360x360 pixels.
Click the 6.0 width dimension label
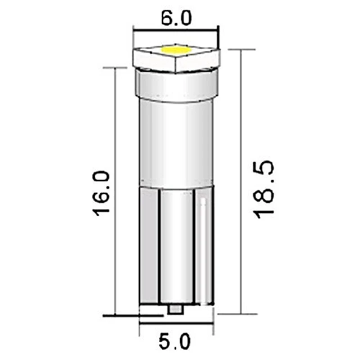(175, 18)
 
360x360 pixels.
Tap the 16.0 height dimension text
(102, 193)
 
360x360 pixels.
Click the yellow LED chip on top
(175, 50)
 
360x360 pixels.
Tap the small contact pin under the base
(175, 310)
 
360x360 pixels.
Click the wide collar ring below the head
(175, 88)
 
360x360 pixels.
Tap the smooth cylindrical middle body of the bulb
(175, 144)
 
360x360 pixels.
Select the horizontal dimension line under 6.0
(175, 31)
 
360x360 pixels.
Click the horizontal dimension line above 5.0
(175, 322)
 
